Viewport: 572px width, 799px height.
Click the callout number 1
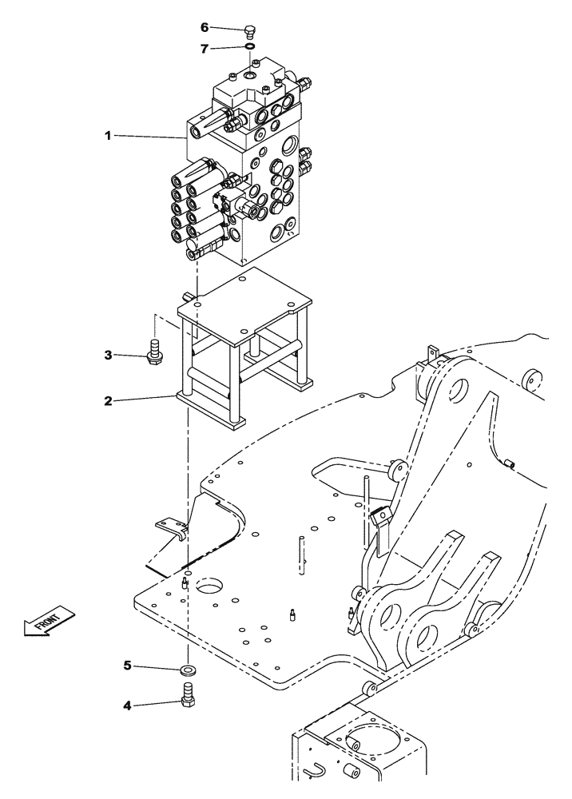107,136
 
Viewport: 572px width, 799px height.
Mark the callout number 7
205,49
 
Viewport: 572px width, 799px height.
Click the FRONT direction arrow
49,621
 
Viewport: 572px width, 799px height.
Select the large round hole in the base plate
209,589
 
